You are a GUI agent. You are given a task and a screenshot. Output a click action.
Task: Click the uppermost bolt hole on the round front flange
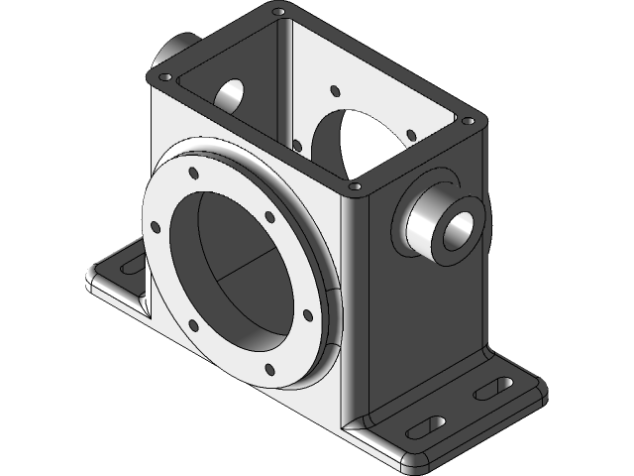click(194, 172)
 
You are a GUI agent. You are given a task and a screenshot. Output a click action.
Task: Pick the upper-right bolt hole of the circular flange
click(268, 215)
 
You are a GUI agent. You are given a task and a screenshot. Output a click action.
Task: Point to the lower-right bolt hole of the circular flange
click(307, 315)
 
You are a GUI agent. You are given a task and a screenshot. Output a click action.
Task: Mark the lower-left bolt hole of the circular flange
click(192, 326)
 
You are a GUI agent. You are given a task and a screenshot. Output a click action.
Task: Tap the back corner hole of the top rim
click(279, 13)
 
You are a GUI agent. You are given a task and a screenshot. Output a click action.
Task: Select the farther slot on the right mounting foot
click(493, 389)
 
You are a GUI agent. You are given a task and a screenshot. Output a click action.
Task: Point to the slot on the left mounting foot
click(130, 261)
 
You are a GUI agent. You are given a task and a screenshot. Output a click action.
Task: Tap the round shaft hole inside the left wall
click(230, 93)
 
